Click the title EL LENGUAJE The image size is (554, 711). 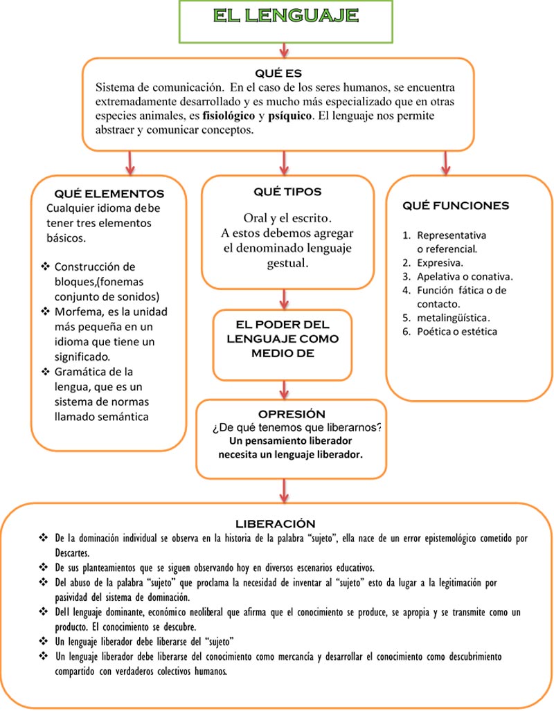(285, 16)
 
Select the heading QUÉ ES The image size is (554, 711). (278, 73)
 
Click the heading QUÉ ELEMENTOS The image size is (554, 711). (109, 194)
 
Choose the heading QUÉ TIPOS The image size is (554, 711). (287, 192)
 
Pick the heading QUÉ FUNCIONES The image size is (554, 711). (456, 206)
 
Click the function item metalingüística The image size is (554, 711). (453, 318)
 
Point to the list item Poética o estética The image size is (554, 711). (456, 332)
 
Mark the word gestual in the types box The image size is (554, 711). (287, 264)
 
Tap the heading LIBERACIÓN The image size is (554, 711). (276, 523)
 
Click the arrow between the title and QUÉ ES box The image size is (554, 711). (284, 50)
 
